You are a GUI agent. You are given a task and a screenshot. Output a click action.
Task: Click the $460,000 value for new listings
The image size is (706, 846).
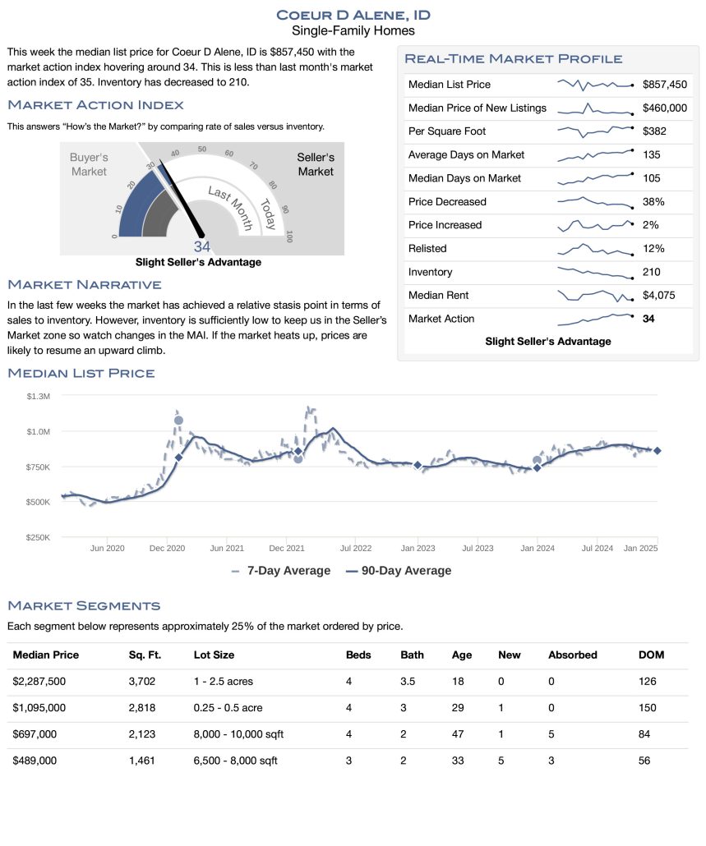coord(664,108)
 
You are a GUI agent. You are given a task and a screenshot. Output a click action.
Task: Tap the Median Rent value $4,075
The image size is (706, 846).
coord(658,295)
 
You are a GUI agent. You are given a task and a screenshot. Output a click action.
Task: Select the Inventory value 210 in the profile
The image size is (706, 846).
coord(651,272)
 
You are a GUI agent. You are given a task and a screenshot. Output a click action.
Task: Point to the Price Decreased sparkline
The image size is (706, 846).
coord(595,202)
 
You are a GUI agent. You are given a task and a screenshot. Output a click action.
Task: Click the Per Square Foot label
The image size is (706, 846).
coord(447,131)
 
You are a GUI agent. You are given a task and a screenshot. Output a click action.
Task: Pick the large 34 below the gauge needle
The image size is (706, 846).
coord(202,246)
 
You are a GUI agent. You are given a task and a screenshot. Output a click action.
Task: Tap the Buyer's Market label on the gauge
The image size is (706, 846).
coord(89,164)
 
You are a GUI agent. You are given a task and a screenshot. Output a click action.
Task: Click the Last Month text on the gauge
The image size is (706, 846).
coord(230,208)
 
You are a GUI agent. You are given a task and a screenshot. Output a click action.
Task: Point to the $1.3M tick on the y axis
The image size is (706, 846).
coord(39,396)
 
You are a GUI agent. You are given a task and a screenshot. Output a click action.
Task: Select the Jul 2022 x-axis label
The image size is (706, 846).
coord(356,548)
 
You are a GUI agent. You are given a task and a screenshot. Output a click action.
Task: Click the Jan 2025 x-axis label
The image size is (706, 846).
coord(641,548)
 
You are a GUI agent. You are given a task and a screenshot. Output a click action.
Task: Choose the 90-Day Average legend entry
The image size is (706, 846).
coord(399,571)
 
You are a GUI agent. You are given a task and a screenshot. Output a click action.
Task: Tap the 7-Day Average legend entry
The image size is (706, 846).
coord(280,571)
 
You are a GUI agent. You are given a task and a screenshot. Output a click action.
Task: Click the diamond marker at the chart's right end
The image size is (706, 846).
coord(658,451)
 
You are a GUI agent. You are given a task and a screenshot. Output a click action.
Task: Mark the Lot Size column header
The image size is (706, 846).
coord(214,655)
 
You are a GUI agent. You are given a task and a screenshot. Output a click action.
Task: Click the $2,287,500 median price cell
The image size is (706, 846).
coord(39,681)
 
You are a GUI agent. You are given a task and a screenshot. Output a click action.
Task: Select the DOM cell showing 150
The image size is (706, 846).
coord(647,707)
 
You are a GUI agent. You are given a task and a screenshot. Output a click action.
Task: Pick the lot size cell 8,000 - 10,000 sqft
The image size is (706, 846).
coord(238,733)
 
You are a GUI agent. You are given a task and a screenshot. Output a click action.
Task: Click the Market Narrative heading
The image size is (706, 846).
coord(85,284)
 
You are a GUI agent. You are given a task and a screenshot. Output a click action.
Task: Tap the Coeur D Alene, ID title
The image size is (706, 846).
coord(353,15)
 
